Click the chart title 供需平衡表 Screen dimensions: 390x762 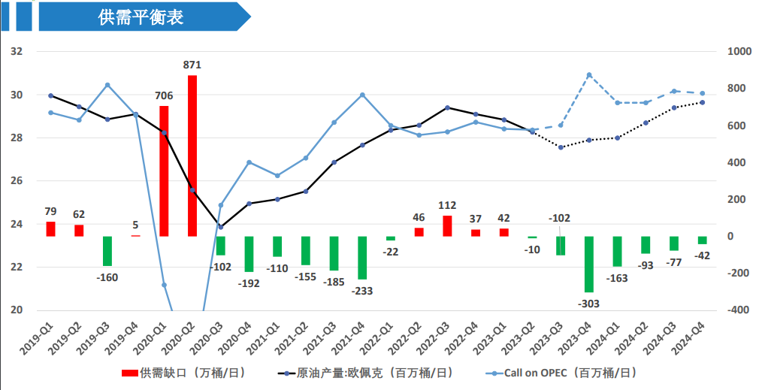point(141,17)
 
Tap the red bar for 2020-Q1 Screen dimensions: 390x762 point(164,171)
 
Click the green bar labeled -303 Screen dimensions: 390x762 point(589,264)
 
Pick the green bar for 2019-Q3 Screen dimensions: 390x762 point(107,251)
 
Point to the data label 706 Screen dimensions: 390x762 point(164,95)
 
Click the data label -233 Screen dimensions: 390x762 point(361,290)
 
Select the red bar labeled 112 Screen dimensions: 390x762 point(447,225)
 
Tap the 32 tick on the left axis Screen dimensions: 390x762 point(17,52)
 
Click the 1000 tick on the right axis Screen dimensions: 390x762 point(739,52)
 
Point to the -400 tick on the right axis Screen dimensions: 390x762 point(738,310)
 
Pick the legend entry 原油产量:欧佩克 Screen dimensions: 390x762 point(364,372)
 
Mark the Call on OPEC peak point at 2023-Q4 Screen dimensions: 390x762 point(589,75)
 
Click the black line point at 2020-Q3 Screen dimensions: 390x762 point(220,227)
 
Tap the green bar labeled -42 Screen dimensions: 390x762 point(702,240)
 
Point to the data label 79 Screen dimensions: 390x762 point(51,211)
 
